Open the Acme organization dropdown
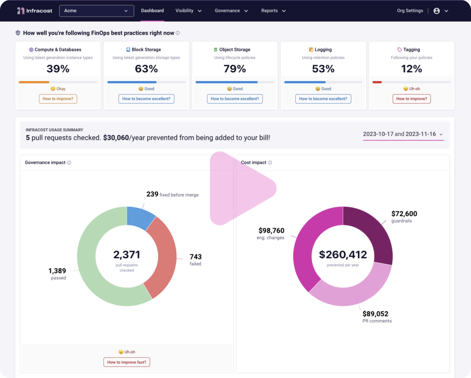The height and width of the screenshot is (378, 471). tap(97, 11)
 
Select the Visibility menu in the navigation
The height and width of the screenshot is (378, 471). tap(188, 11)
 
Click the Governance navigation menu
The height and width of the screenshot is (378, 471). tap(231, 11)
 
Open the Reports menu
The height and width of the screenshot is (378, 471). tap(273, 11)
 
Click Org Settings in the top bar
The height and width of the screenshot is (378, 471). tap(410, 11)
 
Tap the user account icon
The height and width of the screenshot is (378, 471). tap(437, 11)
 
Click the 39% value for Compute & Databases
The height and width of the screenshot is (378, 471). tap(58, 69)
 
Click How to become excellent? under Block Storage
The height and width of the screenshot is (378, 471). tap(146, 99)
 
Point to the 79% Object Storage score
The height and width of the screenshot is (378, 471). tap(235, 69)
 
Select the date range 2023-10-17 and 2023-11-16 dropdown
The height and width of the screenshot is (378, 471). tap(403, 134)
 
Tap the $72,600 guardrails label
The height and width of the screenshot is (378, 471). tap(404, 214)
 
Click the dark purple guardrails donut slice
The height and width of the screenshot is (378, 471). tap(370, 232)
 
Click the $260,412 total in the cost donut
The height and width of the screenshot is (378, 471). tap(343, 255)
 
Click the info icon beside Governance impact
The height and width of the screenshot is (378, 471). tap(69, 163)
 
